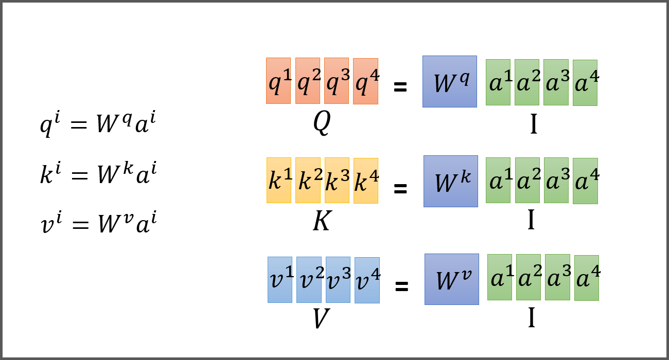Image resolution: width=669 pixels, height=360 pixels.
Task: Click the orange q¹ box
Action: tap(278, 81)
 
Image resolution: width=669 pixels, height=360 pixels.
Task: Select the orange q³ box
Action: tap(337, 81)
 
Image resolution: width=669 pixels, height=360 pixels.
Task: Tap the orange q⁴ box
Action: tap(365, 81)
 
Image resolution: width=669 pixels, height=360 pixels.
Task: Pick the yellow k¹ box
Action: tap(279, 180)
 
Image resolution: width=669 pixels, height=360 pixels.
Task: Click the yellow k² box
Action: tap(308, 180)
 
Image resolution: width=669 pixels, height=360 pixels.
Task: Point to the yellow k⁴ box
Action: tap(365, 181)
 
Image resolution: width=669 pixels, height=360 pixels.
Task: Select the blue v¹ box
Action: tap(280, 280)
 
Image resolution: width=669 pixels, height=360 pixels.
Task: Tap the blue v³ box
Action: tap(338, 280)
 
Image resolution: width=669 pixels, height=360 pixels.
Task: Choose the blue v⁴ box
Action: tap(367, 280)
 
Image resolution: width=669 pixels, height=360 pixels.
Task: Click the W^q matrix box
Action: tap(450, 81)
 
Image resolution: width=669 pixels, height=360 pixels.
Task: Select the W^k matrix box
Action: tap(451, 181)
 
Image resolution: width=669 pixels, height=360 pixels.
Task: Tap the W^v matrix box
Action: tap(452, 279)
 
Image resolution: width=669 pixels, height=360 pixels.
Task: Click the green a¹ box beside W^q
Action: tap(498, 82)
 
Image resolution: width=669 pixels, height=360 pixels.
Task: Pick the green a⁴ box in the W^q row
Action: tap(585, 83)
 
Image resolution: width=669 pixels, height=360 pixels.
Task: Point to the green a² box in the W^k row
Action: tap(527, 181)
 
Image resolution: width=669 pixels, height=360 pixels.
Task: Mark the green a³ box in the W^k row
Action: tap(556, 181)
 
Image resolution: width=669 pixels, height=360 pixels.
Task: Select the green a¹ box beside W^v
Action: tap(500, 277)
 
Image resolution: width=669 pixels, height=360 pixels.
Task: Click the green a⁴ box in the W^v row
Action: tap(587, 278)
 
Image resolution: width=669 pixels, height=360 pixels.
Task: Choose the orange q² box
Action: tap(308, 81)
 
